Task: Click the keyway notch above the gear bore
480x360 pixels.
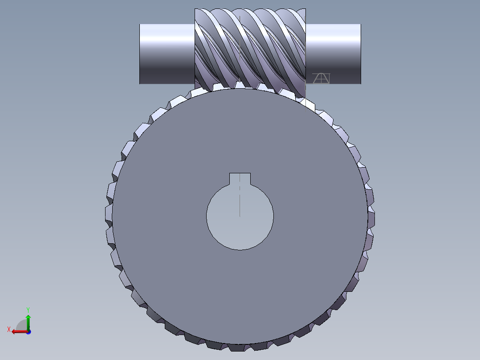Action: pos(240,178)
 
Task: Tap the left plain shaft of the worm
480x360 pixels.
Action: pos(167,53)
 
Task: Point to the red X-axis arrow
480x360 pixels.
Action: pos(18,331)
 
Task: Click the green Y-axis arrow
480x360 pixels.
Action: pos(28,322)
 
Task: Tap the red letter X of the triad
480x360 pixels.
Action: pos(8,329)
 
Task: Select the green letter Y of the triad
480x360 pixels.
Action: pos(28,309)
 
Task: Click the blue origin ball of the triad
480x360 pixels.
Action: pos(28,331)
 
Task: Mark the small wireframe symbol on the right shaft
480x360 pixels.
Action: pos(321,78)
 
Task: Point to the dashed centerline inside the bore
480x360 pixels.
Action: pos(240,200)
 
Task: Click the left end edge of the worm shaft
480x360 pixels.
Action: pos(140,53)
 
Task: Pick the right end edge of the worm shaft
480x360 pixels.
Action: pos(360,53)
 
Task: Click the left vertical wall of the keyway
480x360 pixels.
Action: pos(229,178)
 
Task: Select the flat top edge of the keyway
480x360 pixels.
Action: pos(240,173)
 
